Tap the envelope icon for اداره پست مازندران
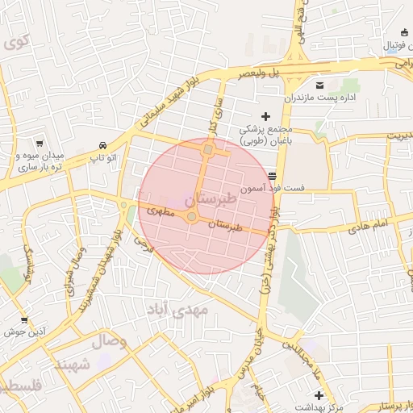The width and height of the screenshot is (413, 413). (x=320, y=85)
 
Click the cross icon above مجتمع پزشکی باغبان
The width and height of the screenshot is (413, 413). (x=266, y=116)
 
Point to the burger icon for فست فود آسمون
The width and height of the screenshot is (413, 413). (x=273, y=175)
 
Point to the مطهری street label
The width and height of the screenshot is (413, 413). (x=161, y=211)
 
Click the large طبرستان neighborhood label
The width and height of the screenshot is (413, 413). (x=211, y=198)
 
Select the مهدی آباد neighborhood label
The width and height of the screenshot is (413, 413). (x=178, y=309)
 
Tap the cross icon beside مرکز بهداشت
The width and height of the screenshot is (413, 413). (x=319, y=395)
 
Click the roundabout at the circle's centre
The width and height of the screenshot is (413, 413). (x=192, y=216)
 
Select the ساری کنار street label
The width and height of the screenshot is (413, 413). (x=215, y=112)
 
